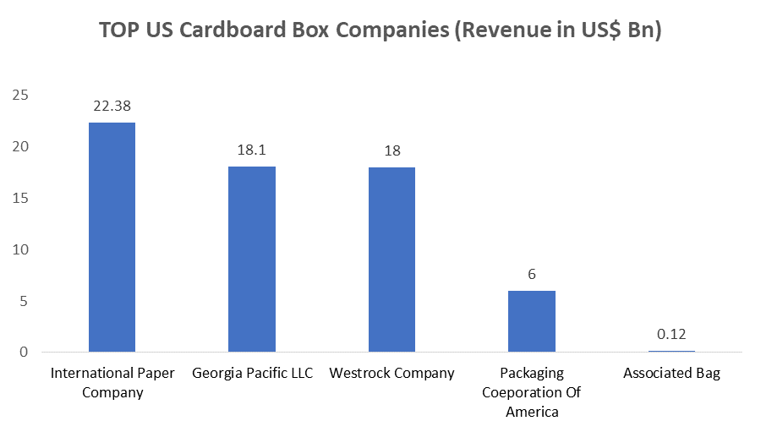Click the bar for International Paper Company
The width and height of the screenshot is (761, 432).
pyautogui.click(x=112, y=237)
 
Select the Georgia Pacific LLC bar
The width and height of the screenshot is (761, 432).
pyautogui.click(x=252, y=259)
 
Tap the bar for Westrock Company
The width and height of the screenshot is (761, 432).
pyautogui.click(x=391, y=260)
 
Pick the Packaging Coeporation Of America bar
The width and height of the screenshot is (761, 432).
pyautogui.click(x=532, y=321)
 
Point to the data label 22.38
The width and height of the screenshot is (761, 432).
pyautogui.click(x=112, y=107)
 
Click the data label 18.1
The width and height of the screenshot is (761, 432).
pyautogui.click(x=252, y=150)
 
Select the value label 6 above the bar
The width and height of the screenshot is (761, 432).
pyautogui.click(x=532, y=275)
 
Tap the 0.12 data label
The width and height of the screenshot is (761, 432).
pyautogui.click(x=671, y=335)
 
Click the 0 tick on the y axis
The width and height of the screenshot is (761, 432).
pyautogui.click(x=24, y=352)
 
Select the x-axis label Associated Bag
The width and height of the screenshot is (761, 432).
pyautogui.click(x=671, y=373)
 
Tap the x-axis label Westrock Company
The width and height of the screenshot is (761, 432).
pyautogui.click(x=391, y=373)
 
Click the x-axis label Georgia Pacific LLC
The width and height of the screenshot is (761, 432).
pyautogui.click(x=252, y=373)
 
